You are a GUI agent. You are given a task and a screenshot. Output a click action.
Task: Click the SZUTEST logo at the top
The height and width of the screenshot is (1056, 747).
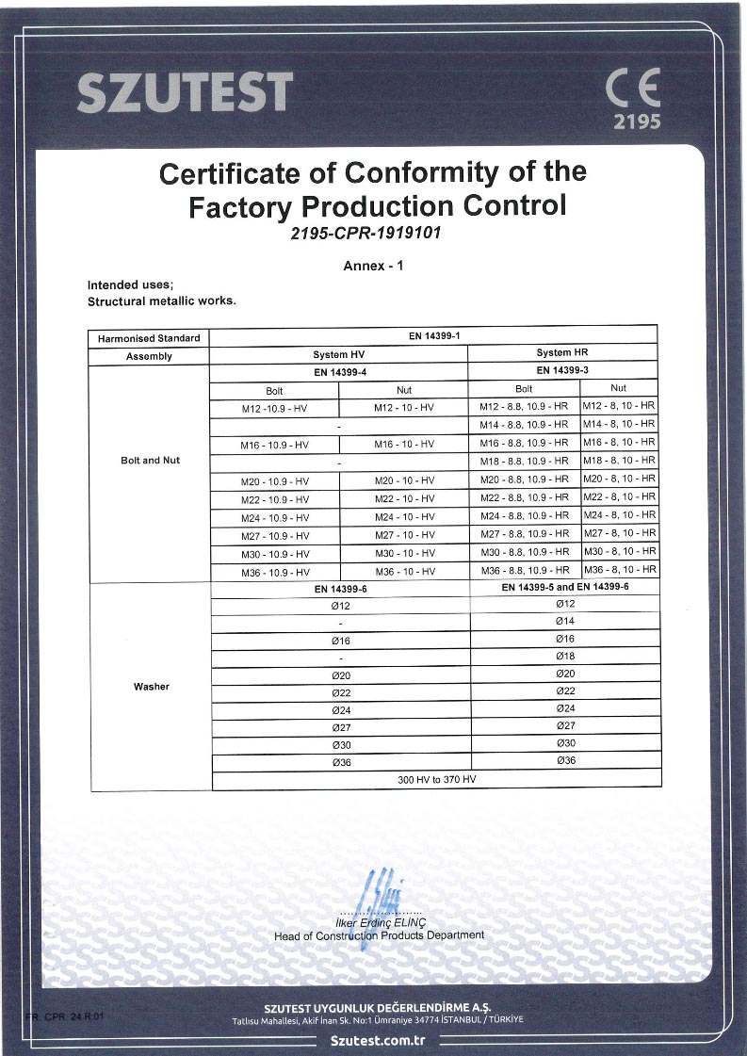184,92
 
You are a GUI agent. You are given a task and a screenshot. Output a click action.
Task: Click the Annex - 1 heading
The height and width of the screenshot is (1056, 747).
373,266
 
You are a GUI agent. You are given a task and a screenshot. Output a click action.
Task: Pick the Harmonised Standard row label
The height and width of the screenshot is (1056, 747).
149,338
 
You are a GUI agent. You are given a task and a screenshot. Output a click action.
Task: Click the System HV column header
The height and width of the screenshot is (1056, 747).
338,355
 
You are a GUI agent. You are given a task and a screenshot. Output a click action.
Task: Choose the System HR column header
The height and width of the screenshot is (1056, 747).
562,353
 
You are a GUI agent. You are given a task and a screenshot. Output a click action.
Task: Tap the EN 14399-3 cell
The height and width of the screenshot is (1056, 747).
562,370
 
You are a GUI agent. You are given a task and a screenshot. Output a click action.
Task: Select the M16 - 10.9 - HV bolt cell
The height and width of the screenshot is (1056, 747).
275,444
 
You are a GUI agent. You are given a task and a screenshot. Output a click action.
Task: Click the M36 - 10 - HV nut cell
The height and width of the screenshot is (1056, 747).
404,572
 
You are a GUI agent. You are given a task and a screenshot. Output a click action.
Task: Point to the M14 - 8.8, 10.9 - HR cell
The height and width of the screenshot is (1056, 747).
524,424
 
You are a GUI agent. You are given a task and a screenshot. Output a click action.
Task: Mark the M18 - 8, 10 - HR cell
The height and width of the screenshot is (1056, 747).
619,461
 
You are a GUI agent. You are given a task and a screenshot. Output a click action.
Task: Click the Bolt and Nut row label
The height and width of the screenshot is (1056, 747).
150,461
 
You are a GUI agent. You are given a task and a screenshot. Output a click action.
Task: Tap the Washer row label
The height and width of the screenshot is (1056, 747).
151,687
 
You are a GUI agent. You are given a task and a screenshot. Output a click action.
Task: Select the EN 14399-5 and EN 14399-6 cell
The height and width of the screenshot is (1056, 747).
565,587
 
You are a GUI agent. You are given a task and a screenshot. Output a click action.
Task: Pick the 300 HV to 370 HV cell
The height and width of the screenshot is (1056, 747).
436,780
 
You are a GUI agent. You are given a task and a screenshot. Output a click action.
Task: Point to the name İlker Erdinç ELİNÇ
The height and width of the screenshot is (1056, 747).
379,922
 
